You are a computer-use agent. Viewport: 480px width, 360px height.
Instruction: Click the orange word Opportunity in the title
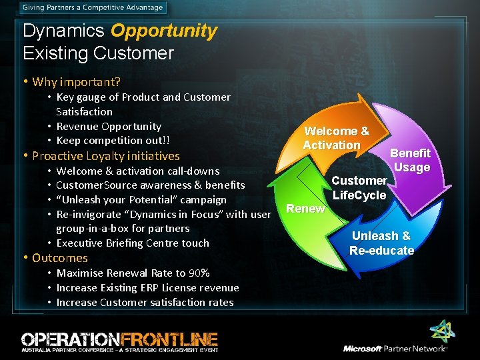pyautogui.click(x=163, y=31)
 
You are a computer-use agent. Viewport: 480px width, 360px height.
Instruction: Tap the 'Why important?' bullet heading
pyautogui.click(x=76, y=82)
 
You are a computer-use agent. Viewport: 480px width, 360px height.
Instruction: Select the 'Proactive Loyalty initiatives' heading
pyautogui.click(x=106, y=156)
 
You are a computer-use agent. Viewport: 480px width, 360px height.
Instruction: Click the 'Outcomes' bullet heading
pyautogui.click(x=60, y=258)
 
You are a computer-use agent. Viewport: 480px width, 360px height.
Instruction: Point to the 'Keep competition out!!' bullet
pyautogui.click(x=113, y=141)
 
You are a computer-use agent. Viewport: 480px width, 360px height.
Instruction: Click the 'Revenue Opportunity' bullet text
pyautogui.click(x=109, y=126)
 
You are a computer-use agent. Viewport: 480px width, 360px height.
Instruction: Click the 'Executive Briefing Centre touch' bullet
pyautogui.click(x=133, y=243)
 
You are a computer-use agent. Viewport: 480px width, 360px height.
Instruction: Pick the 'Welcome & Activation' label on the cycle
pyautogui.click(x=335, y=139)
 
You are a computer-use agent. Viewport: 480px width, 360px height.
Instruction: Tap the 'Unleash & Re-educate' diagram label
pyautogui.click(x=381, y=243)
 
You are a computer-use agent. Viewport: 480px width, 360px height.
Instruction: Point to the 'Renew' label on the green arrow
pyautogui.click(x=305, y=209)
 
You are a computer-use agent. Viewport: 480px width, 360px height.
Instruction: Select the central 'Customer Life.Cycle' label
pyautogui.click(x=359, y=188)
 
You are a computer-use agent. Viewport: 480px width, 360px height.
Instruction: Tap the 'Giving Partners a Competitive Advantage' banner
pyautogui.click(x=91, y=8)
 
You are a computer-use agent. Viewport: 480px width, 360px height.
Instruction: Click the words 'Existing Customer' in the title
pyautogui.click(x=98, y=53)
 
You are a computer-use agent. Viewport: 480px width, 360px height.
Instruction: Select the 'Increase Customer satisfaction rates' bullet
pyautogui.click(x=145, y=303)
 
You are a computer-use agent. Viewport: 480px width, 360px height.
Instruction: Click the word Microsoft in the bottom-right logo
pyautogui.click(x=363, y=349)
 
